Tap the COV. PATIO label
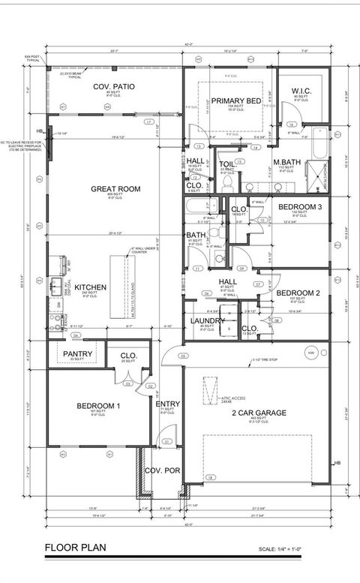click(x=114, y=87)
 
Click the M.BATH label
click(x=286, y=163)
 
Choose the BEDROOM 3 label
click(x=299, y=206)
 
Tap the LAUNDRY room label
click(x=208, y=320)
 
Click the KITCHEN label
click(x=90, y=287)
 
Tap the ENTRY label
click(x=167, y=404)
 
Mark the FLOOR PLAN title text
click(x=73, y=546)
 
